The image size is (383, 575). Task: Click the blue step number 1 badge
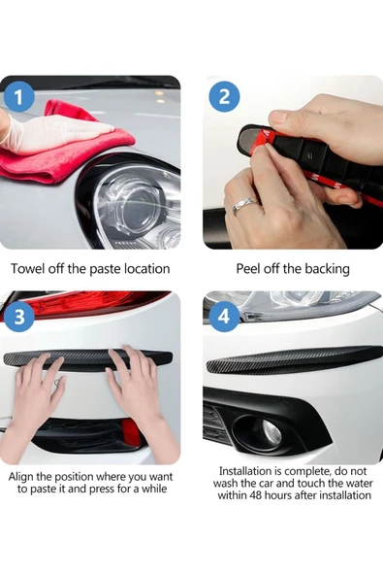pos(19,97)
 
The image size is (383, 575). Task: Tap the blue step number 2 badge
pos(224,97)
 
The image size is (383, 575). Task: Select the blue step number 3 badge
pos(19,317)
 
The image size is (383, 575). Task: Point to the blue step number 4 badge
pos(224,317)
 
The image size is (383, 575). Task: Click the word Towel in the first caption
pos(28,269)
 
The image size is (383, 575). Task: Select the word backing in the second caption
pos(327,269)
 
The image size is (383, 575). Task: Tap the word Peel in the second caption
pos(248,269)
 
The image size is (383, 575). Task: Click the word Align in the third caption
pos(21,477)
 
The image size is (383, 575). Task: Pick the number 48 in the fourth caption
pos(256,495)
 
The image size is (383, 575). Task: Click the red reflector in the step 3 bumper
pos(131,432)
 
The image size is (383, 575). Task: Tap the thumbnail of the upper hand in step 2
pos(278,118)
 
